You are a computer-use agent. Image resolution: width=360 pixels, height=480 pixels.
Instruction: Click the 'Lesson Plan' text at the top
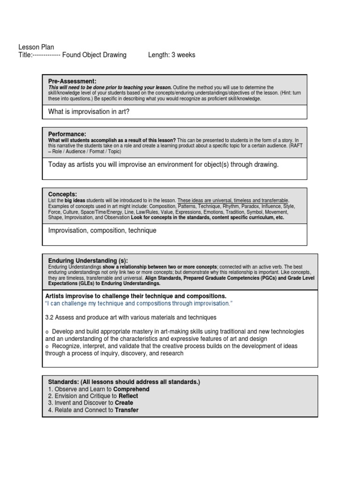(x=36, y=47)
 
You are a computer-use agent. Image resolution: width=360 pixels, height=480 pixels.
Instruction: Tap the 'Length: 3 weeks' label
(x=172, y=55)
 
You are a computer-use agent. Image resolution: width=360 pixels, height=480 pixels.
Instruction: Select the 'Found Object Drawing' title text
(x=94, y=55)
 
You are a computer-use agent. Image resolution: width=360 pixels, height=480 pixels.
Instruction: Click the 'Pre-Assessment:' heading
(x=72, y=81)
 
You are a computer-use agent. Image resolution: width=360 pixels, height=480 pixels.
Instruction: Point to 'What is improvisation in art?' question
(x=89, y=112)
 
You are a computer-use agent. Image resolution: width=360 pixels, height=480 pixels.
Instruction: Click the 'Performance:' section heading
(x=67, y=134)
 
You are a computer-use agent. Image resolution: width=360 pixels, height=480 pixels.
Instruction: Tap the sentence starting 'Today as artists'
(x=163, y=165)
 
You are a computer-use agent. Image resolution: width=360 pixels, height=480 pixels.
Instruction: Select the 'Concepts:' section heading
(x=63, y=194)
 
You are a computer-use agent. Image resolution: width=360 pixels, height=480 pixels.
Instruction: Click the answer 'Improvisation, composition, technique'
(x=102, y=231)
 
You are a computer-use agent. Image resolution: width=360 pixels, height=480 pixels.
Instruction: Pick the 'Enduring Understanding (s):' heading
(x=88, y=261)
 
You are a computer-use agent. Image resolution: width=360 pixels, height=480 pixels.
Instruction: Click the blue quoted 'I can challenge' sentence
(x=139, y=304)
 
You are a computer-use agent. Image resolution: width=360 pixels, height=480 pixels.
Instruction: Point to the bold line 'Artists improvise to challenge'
(x=136, y=296)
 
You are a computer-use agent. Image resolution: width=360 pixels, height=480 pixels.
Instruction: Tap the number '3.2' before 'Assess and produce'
(x=50, y=318)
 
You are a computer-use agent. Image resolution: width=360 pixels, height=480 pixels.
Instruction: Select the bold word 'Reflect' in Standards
(x=128, y=396)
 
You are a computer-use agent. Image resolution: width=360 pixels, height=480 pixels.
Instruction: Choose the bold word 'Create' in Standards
(x=124, y=403)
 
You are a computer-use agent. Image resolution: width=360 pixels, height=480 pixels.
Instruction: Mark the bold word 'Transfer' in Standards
(x=127, y=410)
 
